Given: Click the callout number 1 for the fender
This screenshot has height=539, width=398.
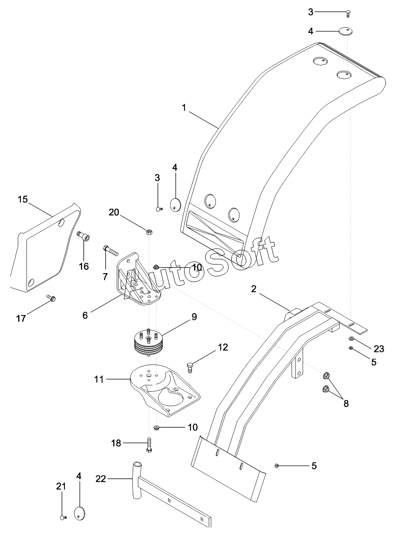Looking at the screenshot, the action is click(x=184, y=107).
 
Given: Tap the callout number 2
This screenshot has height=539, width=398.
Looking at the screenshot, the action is click(x=254, y=289).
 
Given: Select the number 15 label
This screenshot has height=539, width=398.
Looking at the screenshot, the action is click(x=23, y=199).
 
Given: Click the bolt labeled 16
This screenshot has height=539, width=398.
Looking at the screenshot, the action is click(x=83, y=236).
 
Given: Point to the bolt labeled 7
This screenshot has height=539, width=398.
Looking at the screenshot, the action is click(x=111, y=251).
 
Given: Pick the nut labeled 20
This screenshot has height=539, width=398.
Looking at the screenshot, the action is click(x=150, y=232).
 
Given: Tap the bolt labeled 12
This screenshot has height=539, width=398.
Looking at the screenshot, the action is click(x=190, y=367).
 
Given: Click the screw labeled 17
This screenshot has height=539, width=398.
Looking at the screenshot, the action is click(x=51, y=298).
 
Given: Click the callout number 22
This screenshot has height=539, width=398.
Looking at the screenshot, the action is click(x=101, y=479).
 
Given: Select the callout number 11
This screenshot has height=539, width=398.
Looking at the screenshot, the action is click(x=99, y=379).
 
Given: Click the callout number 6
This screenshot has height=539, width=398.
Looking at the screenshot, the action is click(x=85, y=316).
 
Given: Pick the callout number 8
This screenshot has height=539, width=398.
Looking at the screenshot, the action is click(x=346, y=403).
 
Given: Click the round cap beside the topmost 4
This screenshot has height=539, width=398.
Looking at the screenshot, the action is click(x=346, y=31).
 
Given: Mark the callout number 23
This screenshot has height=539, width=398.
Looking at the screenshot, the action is click(x=379, y=349).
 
